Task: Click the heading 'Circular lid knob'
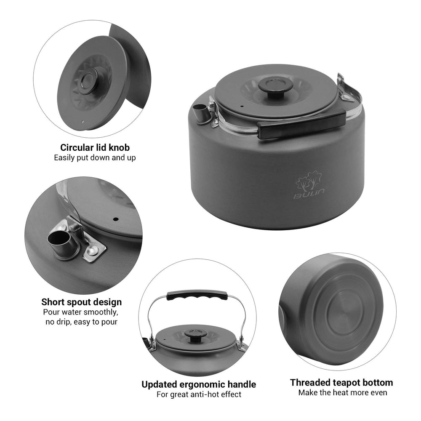coord(95,148)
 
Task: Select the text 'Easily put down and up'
coord(95,157)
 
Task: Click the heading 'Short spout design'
coord(81,302)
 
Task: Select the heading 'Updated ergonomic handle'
coord(199,384)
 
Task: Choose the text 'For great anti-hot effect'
coord(199,394)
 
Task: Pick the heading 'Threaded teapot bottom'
coord(341,383)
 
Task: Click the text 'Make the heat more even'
coord(343,392)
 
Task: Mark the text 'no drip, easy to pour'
coord(81,322)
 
